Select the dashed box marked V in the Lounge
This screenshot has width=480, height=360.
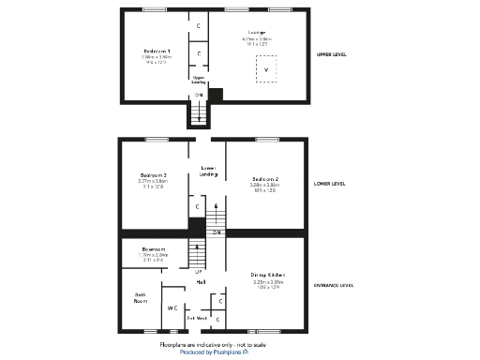[266, 70]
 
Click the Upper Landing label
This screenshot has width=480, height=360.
[199, 80]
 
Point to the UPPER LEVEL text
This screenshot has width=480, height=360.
[332, 54]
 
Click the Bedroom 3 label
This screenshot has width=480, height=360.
[153, 175]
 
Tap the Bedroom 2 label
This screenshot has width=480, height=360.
[265, 178]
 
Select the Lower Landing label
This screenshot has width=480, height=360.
[209, 171]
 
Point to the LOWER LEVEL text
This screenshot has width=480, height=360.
[330, 184]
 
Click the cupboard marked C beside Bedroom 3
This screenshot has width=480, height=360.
[197, 206]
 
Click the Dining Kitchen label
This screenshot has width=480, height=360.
[268, 275]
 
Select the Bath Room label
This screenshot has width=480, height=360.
[140, 298]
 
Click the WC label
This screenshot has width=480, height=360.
[172, 307]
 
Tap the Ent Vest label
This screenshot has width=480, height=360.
[197, 319]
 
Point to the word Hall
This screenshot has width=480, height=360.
[201, 282]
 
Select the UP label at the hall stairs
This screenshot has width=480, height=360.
[198, 272]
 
